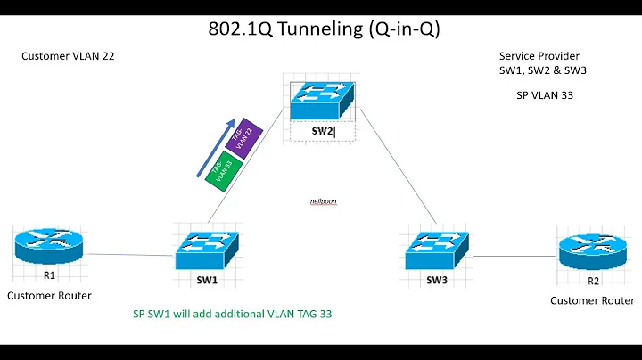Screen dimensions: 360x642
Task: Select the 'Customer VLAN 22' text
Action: (x=68, y=56)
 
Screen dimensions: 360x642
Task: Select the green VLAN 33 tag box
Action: (x=220, y=167)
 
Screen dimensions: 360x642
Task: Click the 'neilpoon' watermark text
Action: (x=323, y=201)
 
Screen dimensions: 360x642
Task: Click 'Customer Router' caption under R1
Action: (x=49, y=295)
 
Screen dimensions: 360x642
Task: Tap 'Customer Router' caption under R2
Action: (x=592, y=300)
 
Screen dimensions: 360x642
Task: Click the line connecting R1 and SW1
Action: (x=128, y=256)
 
